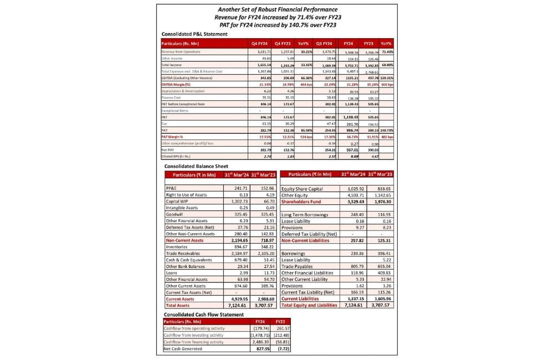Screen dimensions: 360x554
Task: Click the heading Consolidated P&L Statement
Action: pyautogui.click(x=194, y=34)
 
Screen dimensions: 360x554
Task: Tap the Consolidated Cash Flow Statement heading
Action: pyautogui.click(x=203, y=315)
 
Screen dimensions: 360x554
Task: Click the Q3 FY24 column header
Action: pyautogui.click(x=324, y=43)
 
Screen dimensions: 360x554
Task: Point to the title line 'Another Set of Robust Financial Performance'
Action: pyautogui.click(x=278, y=9)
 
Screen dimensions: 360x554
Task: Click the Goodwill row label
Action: pyautogui.click(x=175, y=213)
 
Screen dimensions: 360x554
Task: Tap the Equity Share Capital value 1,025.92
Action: pyautogui.click(x=353, y=189)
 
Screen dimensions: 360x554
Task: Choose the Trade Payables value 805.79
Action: pyautogui.click(x=353, y=266)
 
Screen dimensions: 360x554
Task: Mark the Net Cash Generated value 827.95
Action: pyautogui.click(x=260, y=348)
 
